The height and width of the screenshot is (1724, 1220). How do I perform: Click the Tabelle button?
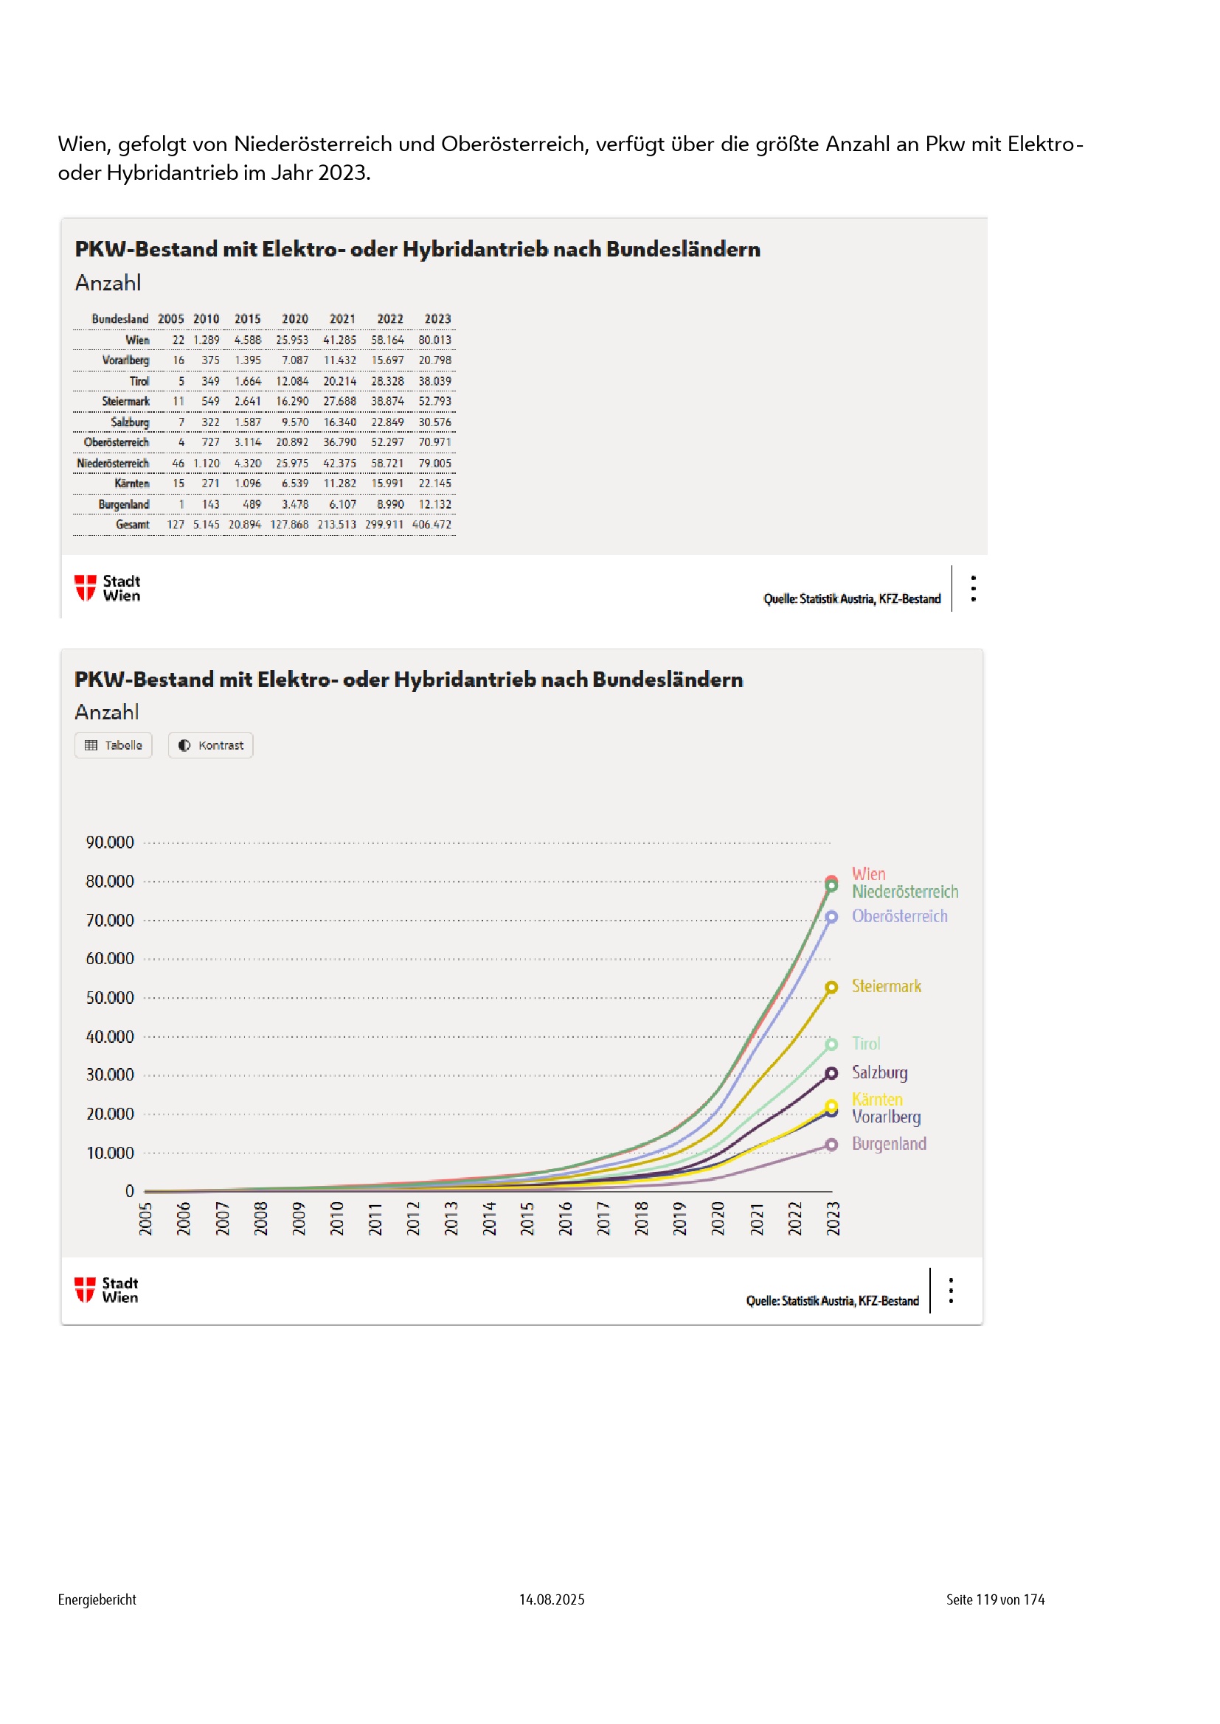[114, 745]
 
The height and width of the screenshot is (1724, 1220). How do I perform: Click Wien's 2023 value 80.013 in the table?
[435, 340]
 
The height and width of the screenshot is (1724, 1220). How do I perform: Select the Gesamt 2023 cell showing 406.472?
[432, 524]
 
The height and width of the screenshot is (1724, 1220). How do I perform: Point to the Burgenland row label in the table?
[123, 504]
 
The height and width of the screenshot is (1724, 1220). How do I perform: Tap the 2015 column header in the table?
[247, 319]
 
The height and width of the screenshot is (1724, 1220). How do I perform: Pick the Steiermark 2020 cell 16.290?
[292, 401]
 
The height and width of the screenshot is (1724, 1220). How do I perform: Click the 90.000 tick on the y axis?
[110, 842]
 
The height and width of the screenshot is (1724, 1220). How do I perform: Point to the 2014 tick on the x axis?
[489, 1218]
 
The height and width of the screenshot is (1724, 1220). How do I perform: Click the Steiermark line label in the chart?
[886, 986]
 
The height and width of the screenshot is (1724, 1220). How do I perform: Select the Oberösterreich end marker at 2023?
[831, 917]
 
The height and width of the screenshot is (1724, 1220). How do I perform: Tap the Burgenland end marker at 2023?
[831, 1145]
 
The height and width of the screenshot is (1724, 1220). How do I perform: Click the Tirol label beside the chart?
[865, 1043]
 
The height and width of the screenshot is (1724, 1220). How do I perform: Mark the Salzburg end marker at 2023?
[831, 1074]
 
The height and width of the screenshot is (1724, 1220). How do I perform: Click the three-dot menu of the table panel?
[973, 588]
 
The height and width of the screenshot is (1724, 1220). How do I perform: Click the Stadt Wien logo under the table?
[108, 588]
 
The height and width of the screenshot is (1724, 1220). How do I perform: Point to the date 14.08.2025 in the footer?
[552, 1599]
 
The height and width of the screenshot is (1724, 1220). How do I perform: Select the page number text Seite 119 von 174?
[994, 1599]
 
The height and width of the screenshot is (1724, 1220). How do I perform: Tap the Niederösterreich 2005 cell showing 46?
[178, 464]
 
